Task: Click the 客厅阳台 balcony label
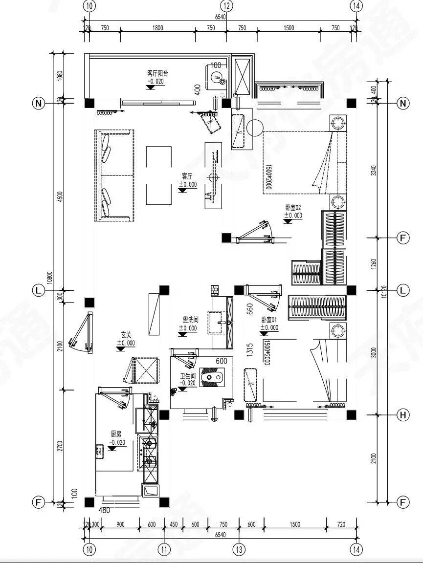click(157, 73)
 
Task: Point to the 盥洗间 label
click(190, 320)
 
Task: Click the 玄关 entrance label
click(126, 335)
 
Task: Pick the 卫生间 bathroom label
click(187, 376)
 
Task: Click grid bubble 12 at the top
click(226, 6)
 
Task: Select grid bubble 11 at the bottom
click(164, 549)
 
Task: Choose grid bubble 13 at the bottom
click(239, 549)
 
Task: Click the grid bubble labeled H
click(403, 415)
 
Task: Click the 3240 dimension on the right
click(374, 170)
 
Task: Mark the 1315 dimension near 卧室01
click(250, 351)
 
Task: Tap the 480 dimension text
click(105, 510)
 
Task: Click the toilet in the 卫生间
click(214, 377)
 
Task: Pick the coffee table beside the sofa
click(159, 175)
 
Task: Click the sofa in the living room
click(114, 175)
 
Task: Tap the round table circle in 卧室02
click(255, 128)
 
